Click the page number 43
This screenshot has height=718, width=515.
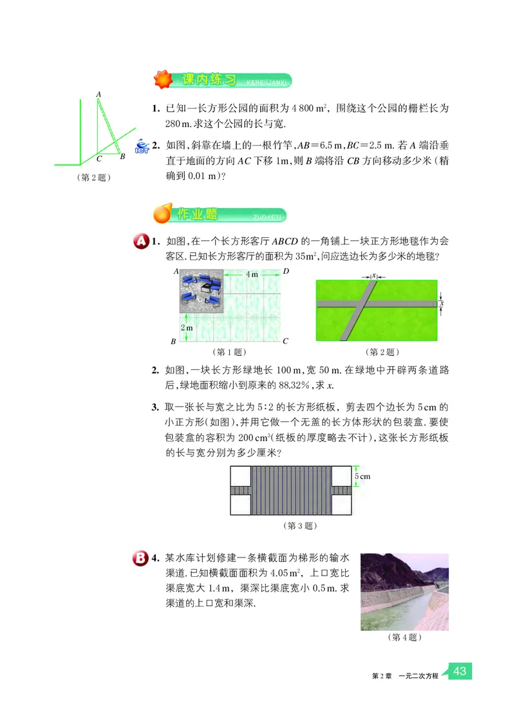coord(460,671)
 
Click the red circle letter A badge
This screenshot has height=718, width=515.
coord(140,242)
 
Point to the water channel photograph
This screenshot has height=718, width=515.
coord(404,591)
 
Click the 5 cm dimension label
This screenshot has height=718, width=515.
coord(362,477)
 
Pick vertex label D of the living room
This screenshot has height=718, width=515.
coord(286,271)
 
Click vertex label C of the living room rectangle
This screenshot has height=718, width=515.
coord(285,341)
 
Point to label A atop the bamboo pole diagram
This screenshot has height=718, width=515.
coord(98,94)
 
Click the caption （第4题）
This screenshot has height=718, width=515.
coord(405,638)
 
